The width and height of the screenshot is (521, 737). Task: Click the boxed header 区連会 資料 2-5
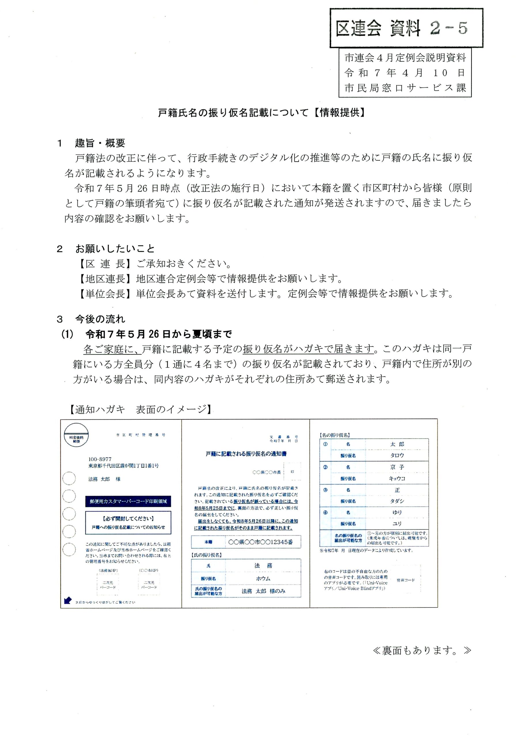pos(406,28)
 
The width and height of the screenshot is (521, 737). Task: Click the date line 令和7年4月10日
pos(405,73)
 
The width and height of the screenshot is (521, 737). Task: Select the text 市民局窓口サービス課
pos(405,87)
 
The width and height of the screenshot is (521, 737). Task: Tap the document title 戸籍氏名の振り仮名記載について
pos(233,113)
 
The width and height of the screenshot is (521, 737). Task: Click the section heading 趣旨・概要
pos(100,143)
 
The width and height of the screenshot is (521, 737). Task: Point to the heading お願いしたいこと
pos(115,248)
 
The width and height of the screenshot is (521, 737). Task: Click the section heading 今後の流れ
pos(100,319)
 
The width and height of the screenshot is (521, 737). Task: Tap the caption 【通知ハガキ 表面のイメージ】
pos(140,410)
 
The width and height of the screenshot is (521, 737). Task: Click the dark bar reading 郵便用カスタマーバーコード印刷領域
pos(128,502)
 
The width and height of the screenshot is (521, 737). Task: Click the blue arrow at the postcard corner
pos(67,600)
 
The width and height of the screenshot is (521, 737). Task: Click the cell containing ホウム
pos(263,578)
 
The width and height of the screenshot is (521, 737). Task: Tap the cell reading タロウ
pos(397,455)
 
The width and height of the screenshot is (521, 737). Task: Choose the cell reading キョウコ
pos(397,478)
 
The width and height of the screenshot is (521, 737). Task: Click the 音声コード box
pos(406,580)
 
